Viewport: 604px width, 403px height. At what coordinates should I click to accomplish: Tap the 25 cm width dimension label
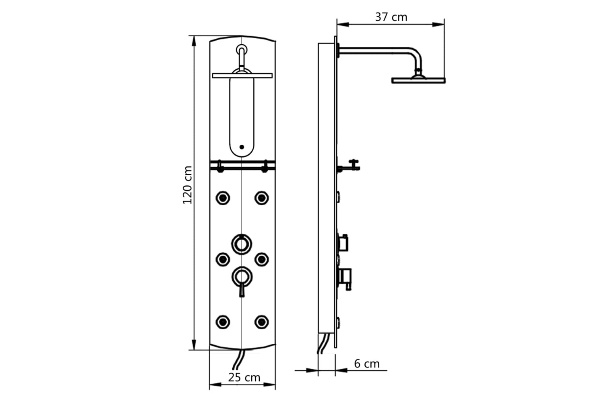(244, 378)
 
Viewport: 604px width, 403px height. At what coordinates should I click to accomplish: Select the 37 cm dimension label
(391, 17)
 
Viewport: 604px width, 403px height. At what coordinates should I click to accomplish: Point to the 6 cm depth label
(367, 364)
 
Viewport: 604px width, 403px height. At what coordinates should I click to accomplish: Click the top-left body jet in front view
(223, 197)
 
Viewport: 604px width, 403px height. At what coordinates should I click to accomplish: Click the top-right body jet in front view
(262, 197)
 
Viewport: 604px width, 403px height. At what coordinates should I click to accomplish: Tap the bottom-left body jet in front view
(223, 322)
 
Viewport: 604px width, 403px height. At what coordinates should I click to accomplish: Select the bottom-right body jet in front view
(262, 322)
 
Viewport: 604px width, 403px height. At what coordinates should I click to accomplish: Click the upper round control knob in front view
(242, 244)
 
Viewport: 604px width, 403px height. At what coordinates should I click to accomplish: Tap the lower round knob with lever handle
(242, 277)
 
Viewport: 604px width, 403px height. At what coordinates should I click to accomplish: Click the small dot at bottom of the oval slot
(242, 147)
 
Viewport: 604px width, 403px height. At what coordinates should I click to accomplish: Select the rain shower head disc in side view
(419, 80)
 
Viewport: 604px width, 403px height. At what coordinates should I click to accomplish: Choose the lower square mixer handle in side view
(345, 277)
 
